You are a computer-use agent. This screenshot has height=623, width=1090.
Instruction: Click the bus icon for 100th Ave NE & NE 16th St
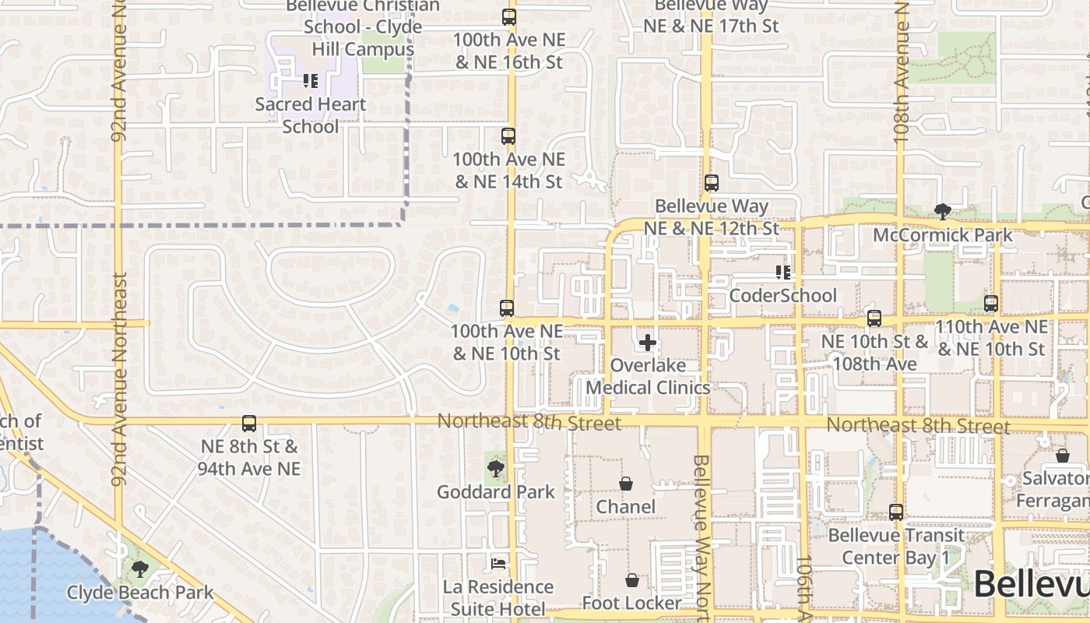[x=509, y=16]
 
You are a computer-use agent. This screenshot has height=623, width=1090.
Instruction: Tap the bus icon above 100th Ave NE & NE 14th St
[x=508, y=136]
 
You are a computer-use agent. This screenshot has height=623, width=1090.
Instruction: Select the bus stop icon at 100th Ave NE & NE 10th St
[x=507, y=308]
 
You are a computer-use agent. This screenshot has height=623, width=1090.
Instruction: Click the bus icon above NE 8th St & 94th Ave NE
[x=249, y=424]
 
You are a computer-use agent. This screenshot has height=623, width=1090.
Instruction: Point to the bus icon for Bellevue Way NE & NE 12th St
[x=712, y=183]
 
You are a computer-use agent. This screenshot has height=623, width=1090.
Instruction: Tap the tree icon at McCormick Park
[x=942, y=211]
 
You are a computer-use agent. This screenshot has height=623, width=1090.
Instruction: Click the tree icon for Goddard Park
[x=495, y=468]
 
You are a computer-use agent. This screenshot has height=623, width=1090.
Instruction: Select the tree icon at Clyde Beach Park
[x=140, y=569]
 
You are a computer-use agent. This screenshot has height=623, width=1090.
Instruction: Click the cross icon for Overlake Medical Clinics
[x=648, y=342]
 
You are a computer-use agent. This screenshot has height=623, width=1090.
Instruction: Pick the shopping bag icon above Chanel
[x=626, y=484]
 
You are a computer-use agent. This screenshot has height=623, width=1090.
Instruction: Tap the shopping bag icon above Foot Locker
[x=632, y=580]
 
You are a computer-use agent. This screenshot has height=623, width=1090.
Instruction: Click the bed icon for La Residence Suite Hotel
[x=498, y=563]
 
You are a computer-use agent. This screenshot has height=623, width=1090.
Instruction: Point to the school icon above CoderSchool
[x=783, y=273]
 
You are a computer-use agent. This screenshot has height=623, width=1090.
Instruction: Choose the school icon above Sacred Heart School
[x=311, y=81]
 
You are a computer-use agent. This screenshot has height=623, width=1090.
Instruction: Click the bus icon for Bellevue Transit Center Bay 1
[x=896, y=512]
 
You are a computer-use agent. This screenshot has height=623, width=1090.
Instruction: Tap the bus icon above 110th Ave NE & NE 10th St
[x=991, y=304]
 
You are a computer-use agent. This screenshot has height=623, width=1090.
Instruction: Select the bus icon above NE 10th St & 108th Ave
[x=874, y=319]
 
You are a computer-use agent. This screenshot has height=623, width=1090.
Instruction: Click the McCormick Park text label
[x=942, y=235]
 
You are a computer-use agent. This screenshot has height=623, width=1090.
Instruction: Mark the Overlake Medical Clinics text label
[x=648, y=376]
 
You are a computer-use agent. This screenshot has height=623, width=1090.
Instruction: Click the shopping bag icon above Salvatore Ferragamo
[x=1063, y=456]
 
